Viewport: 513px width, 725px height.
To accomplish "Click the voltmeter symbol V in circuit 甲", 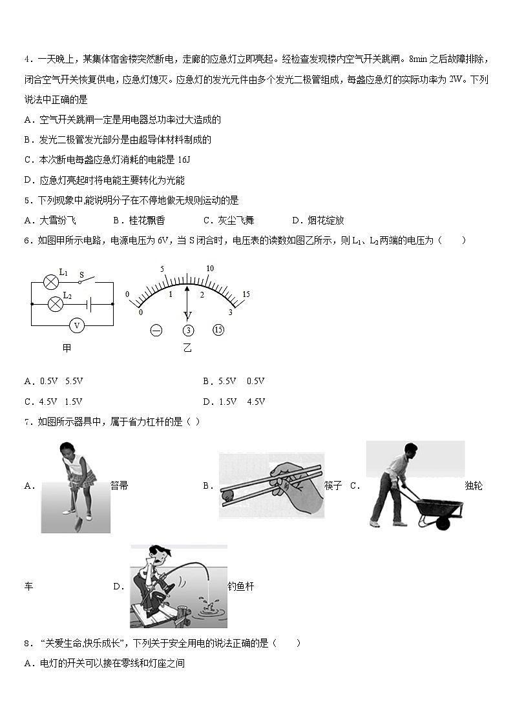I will [x=77, y=325].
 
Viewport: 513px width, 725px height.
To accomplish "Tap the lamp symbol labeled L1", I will [x=50, y=281].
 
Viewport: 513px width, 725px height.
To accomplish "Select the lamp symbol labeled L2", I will [x=56, y=303].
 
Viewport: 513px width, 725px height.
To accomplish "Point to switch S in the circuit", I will [x=86, y=281].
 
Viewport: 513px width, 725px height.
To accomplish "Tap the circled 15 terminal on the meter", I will [x=218, y=331].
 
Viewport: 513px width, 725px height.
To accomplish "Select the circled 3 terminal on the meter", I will [x=188, y=331].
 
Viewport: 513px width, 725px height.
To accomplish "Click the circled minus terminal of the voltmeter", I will [x=156, y=331].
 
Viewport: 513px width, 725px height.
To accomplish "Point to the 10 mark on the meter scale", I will [x=209, y=269].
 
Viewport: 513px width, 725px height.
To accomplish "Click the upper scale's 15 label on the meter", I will [x=246, y=294].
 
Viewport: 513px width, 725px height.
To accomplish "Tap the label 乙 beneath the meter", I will [x=187, y=349].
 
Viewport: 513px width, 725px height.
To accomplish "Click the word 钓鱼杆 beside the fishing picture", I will [x=241, y=586].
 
